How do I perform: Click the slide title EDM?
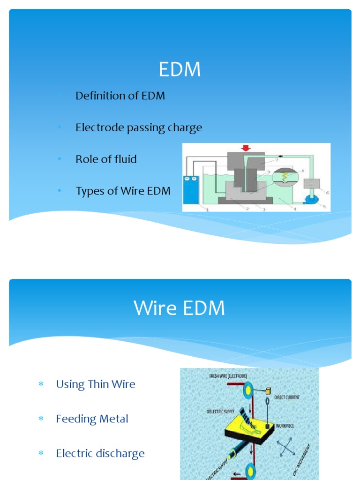[x=180, y=70]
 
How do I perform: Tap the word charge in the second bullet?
[x=185, y=127]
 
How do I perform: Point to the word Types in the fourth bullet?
[x=90, y=191]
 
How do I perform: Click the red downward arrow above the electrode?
[x=245, y=148]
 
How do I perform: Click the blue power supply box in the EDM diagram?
[x=191, y=189]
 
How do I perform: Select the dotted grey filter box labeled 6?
[x=311, y=183]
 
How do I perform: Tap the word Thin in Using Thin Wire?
[x=98, y=384]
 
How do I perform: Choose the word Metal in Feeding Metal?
[x=115, y=419]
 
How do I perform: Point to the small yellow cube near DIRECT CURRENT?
[x=269, y=390]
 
